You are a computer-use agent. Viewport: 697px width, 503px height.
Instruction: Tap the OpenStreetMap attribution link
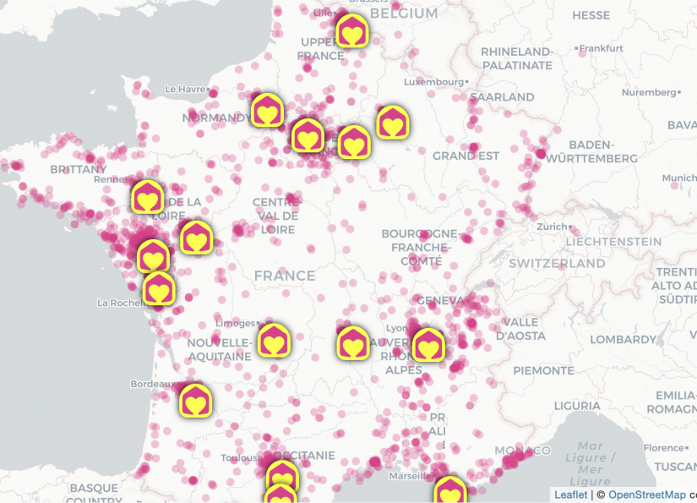pyautogui.click(x=646, y=495)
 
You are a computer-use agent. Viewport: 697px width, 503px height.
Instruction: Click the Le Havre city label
pyautogui.click(x=186, y=89)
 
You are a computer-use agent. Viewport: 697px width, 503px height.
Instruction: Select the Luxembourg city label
pyautogui.click(x=433, y=82)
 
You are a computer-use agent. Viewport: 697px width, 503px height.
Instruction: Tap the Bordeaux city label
pyautogui.click(x=152, y=384)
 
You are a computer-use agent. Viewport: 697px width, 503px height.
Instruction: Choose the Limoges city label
pyautogui.click(x=235, y=323)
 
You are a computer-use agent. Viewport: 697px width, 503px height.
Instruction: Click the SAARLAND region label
pyautogui.click(x=502, y=97)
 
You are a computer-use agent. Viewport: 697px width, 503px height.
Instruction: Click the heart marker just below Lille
pyautogui.click(x=351, y=33)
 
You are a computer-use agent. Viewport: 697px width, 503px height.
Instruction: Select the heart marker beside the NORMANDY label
pyautogui.click(x=267, y=111)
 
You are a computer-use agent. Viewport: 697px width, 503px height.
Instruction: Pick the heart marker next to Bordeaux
pyautogui.click(x=195, y=400)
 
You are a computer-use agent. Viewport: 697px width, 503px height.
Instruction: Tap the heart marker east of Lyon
pyautogui.click(x=428, y=345)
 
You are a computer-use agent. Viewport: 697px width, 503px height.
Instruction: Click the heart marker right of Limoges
pyautogui.click(x=274, y=341)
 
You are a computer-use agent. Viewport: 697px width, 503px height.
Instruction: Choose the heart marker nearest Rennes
pyautogui.click(x=148, y=198)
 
